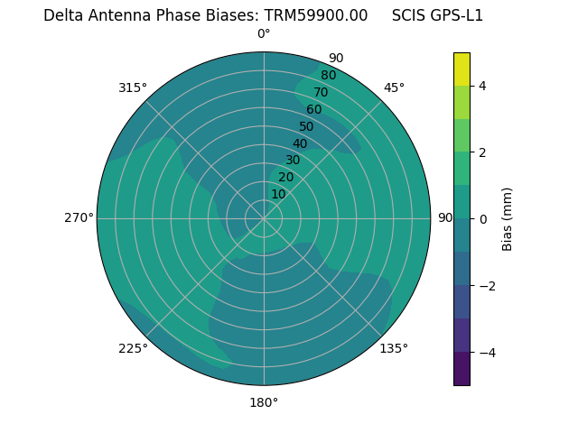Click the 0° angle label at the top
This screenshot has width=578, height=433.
pyautogui.click(x=264, y=34)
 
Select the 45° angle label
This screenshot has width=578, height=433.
pyautogui.click(x=394, y=88)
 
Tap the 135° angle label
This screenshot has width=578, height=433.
pyautogui.click(x=394, y=348)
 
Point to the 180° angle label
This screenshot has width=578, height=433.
pyautogui.click(x=264, y=402)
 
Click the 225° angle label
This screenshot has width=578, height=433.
pyautogui.click(x=133, y=348)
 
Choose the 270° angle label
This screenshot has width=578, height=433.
pyautogui.click(x=79, y=218)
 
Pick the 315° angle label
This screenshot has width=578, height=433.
pyautogui.click(x=133, y=88)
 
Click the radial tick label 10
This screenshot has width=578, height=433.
pyautogui.click(x=278, y=194)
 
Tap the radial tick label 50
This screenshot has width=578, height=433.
pyautogui.click(x=306, y=127)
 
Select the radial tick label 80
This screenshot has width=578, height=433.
pyautogui.click(x=328, y=76)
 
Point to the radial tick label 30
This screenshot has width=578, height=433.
pyautogui.click(x=293, y=161)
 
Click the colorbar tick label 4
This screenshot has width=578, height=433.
pyautogui.click(x=482, y=86)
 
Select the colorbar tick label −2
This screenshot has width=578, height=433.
pyautogui.click(x=486, y=286)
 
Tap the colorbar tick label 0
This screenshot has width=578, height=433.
pyautogui.click(x=482, y=219)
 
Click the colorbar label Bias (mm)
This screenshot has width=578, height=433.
pyautogui.click(x=508, y=219)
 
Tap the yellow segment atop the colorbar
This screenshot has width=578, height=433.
pyautogui.click(x=461, y=69)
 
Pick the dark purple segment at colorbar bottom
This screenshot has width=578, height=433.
pyautogui.click(x=461, y=369)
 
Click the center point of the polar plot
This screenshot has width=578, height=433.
pyautogui.click(x=264, y=218)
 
